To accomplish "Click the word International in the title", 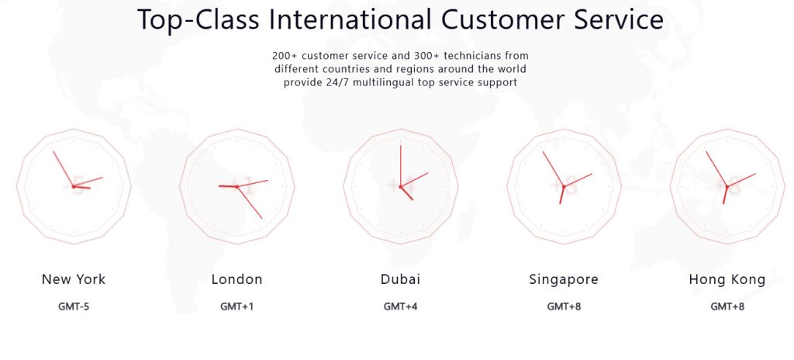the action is tap(350, 19).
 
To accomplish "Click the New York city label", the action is tap(74, 279).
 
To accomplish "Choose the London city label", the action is tap(237, 279).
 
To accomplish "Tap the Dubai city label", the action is tap(401, 279).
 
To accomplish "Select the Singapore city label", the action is tap(564, 279).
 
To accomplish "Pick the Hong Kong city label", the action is tap(727, 279).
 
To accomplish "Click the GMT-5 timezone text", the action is tap(74, 306).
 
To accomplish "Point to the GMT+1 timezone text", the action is tap(237, 306).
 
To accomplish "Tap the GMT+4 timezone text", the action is tap(401, 306).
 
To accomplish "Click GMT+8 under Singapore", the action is tap(564, 306).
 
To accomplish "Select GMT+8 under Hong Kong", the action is tap(727, 306).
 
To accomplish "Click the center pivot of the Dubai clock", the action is tap(401, 186).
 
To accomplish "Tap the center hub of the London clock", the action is tap(237, 186).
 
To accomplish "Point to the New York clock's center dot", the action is tap(74, 186).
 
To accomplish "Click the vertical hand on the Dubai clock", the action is tap(401, 166).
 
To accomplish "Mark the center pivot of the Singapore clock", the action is tap(564, 186).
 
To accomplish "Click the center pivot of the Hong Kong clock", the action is tap(727, 186).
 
